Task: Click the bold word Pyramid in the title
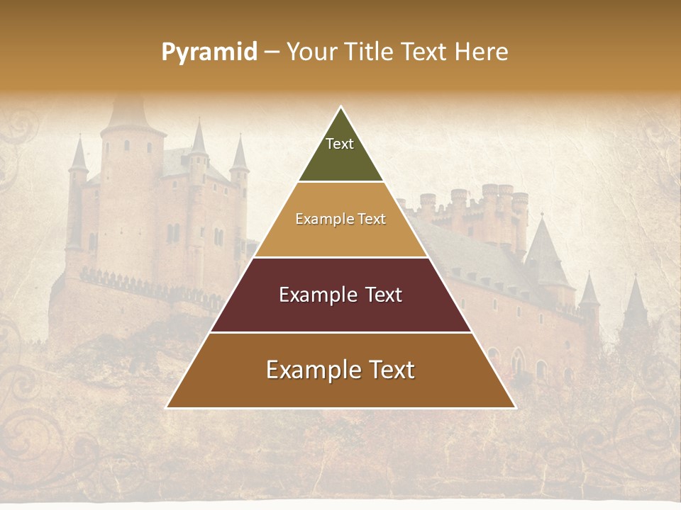coord(209,52)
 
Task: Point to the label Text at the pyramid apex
coord(340,144)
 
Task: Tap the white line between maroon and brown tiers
coord(340,332)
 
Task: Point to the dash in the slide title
coord(272,52)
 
